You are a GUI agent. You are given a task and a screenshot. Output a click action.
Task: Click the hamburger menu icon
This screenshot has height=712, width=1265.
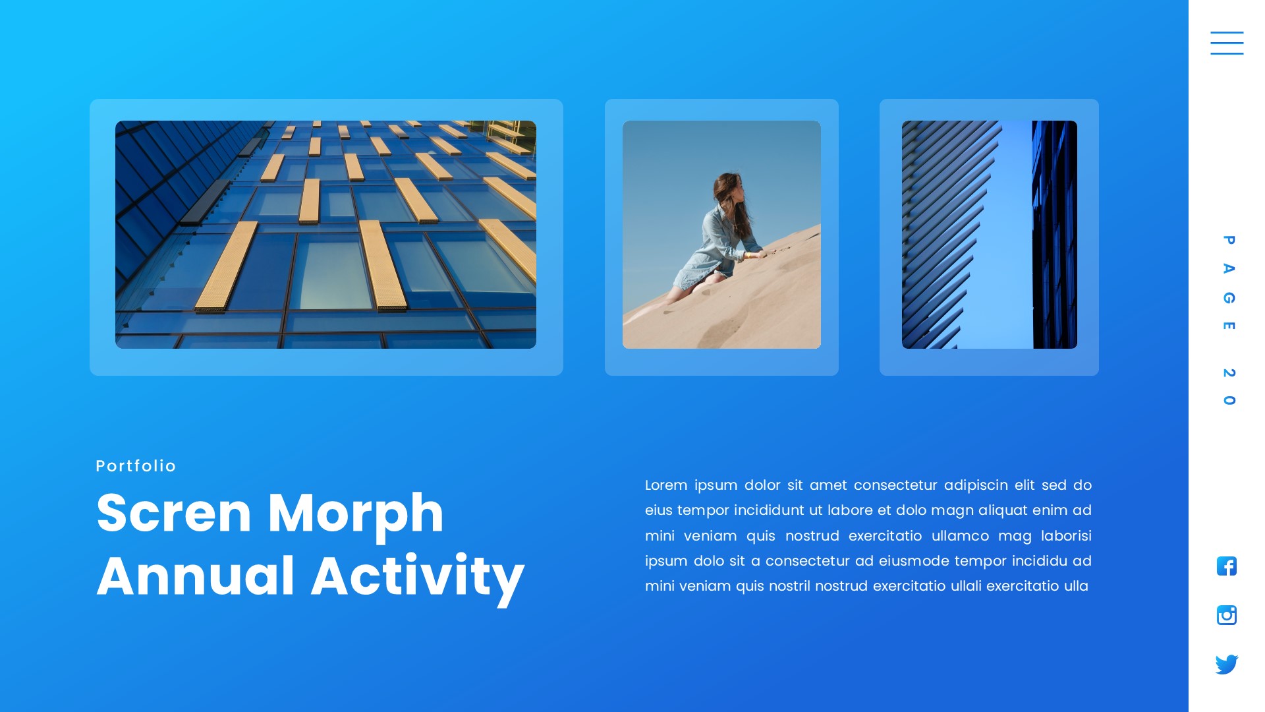[x=1226, y=43]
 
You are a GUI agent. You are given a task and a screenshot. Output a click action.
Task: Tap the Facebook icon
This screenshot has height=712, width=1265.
[x=1226, y=566]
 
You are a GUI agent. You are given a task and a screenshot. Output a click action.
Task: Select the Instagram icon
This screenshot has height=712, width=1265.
[x=1226, y=615]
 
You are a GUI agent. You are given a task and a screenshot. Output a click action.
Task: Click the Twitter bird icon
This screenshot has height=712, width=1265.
[x=1226, y=664]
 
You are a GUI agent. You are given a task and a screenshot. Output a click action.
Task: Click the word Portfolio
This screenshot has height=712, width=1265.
[x=136, y=466]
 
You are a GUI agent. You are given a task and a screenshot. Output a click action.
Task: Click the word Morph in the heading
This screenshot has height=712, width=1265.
[x=356, y=513]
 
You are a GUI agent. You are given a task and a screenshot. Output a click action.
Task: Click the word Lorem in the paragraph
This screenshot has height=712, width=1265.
[x=665, y=485]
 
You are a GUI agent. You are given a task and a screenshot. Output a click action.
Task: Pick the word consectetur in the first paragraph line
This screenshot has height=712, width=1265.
[x=895, y=485]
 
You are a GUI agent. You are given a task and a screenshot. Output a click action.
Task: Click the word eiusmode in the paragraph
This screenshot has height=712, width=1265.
[x=913, y=561]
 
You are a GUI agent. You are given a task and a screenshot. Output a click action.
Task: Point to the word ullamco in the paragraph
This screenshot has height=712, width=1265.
[x=960, y=536]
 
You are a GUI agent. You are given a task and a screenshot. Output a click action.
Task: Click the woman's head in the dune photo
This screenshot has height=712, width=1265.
[x=727, y=188]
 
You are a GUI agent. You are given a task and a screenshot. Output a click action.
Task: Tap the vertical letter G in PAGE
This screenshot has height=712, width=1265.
[x=1229, y=298]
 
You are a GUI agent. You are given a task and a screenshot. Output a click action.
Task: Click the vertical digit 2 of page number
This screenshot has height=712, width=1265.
[x=1229, y=373]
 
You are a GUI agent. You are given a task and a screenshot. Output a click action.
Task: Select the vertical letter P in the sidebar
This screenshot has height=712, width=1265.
[x=1229, y=240]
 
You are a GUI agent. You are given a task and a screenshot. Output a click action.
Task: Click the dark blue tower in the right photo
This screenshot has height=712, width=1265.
[x=1054, y=234]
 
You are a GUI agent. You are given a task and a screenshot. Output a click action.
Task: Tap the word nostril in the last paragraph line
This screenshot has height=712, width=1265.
[x=789, y=586]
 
